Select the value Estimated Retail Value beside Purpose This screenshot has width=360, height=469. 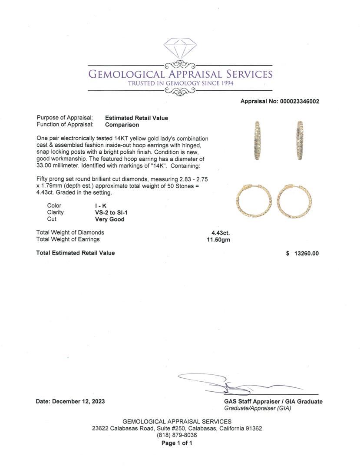[x=136, y=118]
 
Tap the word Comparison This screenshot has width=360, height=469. [x=122, y=125]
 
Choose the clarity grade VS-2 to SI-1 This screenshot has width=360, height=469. [x=111, y=212]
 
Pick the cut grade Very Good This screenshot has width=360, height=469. [x=110, y=219]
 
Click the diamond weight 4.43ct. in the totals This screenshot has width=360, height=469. [x=221, y=232]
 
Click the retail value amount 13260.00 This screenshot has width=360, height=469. [x=307, y=253]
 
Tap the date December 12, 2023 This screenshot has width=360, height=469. [x=79, y=402]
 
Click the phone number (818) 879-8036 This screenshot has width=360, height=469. [x=177, y=435]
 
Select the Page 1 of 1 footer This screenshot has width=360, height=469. [x=177, y=443]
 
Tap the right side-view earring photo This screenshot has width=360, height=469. [x=299, y=140]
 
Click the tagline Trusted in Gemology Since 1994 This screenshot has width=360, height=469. [x=180, y=83]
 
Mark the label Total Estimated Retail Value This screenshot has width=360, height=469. [x=76, y=253]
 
